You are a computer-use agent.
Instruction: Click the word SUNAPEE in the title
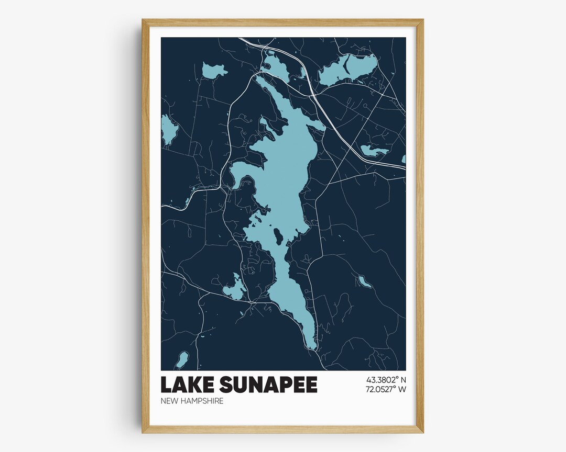click(x=268, y=385)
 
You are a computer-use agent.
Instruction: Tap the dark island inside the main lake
click(x=278, y=237)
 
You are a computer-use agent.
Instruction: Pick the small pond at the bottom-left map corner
click(x=182, y=360)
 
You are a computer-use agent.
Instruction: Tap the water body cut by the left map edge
click(x=168, y=130)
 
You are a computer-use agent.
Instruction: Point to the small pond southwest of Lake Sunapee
click(x=234, y=289)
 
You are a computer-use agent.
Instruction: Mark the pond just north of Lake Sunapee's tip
click(x=276, y=68)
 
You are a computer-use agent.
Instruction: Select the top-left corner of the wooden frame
click(x=143, y=20)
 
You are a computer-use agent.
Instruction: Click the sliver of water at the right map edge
click(x=404, y=159)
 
